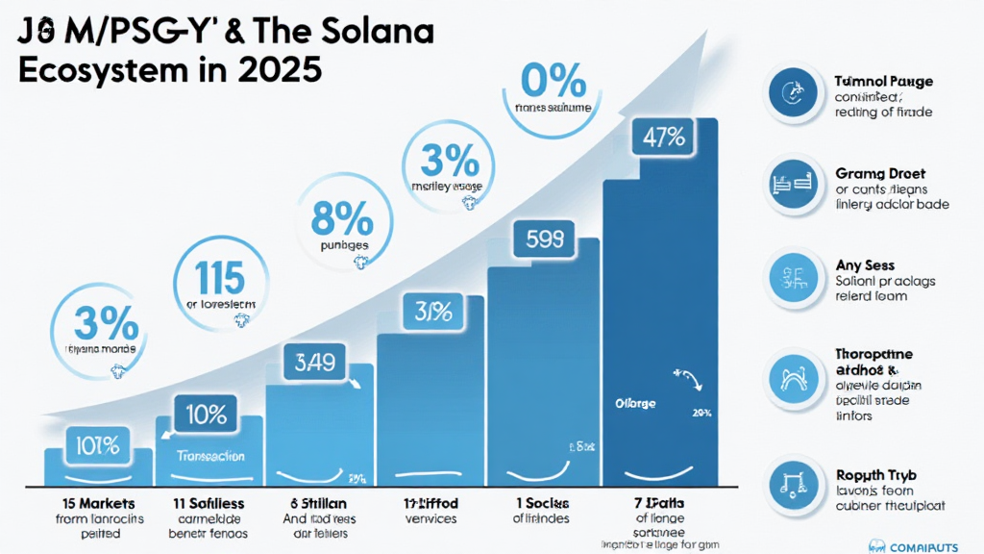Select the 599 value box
[546, 239]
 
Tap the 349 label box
[314, 363]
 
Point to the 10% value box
[207, 415]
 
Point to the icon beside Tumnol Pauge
[794, 93]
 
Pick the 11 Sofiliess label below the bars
[209, 502]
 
